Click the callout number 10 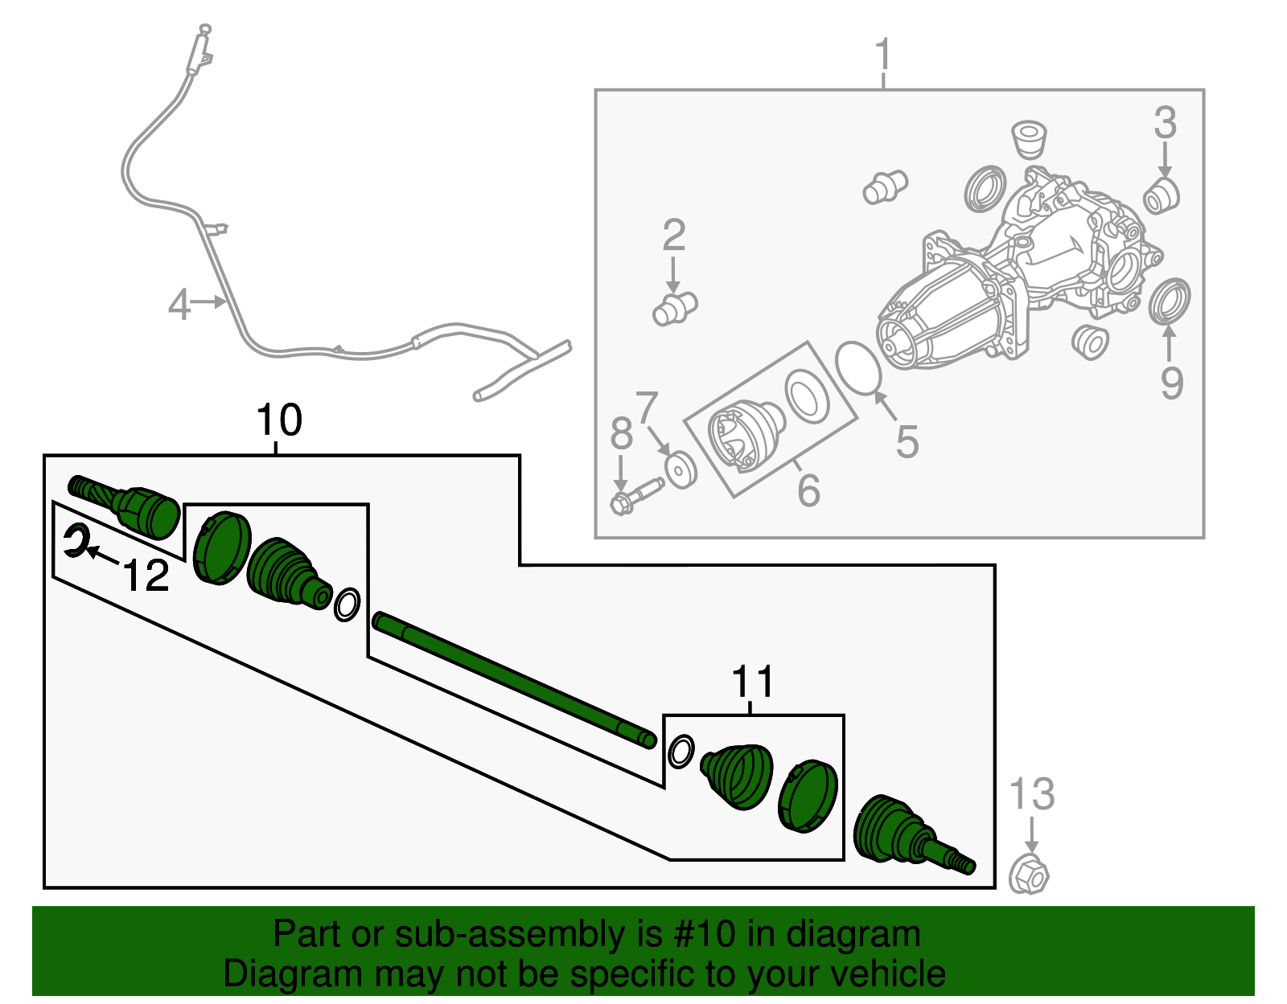point(278,420)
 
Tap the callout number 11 point(752,682)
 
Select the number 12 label point(146,576)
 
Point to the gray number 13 point(1031,794)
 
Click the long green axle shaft point(515,680)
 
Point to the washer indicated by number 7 point(681,469)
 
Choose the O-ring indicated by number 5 point(858,367)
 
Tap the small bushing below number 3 point(1161,197)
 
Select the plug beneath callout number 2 point(674,309)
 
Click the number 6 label point(808,490)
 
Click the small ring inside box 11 point(681,752)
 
